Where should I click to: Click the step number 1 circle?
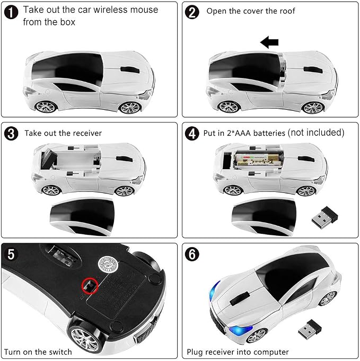[11, 12]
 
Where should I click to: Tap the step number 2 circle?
[192, 12]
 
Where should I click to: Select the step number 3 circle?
[11, 134]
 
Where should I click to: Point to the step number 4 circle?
[192, 134]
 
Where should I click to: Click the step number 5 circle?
[11, 254]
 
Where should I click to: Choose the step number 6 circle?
[192, 254]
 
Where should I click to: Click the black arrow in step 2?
[269, 42]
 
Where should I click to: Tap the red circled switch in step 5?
[90, 286]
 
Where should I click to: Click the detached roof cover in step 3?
[82, 217]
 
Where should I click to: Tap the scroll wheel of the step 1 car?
[130, 70]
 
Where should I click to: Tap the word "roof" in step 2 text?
[287, 11]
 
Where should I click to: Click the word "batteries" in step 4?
[269, 133]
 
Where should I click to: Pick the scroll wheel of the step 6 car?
[240, 299]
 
